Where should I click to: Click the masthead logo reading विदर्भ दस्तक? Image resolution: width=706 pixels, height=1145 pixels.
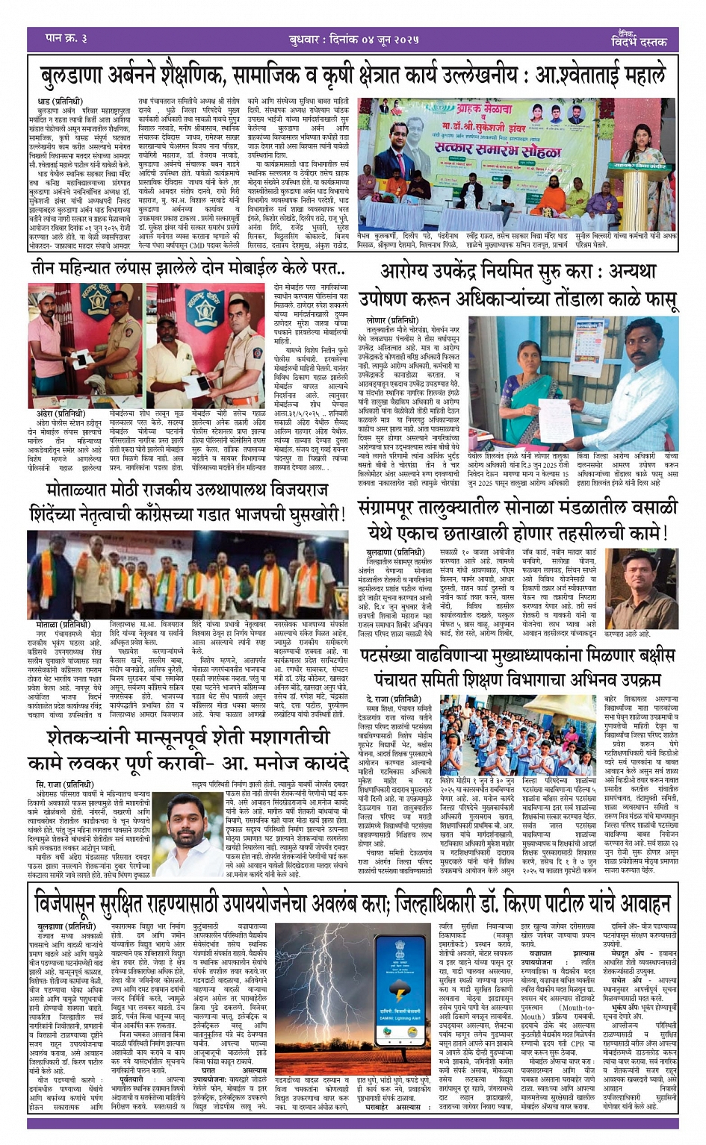pyautogui.click(x=636, y=39)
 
